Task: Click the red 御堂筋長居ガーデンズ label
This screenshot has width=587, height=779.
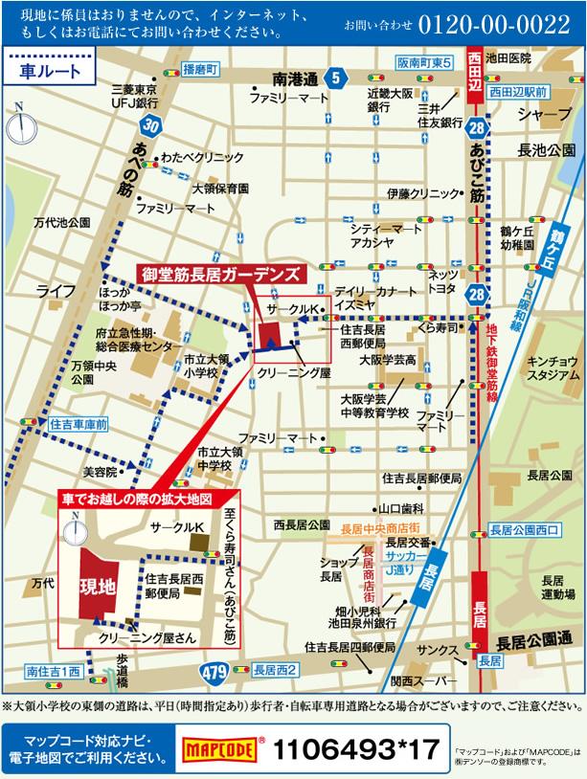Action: [x=221, y=274]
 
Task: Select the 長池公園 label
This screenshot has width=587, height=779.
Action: [x=546, y=151]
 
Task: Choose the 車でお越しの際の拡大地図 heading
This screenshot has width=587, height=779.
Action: [x=147, y=500]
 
